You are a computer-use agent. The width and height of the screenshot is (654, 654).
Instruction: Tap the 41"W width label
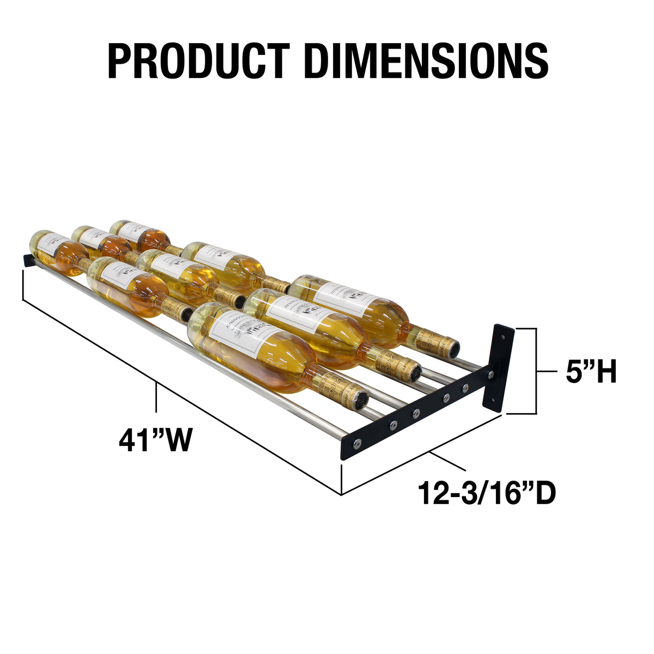click(x=156, y=440)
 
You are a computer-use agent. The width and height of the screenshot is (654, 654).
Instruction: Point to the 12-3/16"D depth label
click(x=487, y=493)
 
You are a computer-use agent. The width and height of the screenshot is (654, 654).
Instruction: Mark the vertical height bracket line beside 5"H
click(x=537, y=371)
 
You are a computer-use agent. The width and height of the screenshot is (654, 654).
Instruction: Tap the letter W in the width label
click(x=178, y=440)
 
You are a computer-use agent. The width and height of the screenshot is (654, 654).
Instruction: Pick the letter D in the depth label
click(x=543, y=493)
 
